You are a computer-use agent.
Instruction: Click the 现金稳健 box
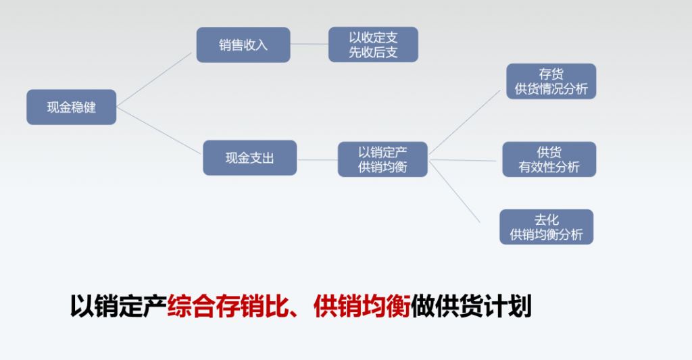coord(72,107)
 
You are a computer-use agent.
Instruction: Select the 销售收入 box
coord(243,45)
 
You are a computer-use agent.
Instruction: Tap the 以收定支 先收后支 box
coord(373,45)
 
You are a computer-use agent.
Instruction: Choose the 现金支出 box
coord(250,158)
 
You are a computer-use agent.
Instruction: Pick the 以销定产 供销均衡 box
coord(382,159)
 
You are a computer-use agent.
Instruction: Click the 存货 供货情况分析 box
coord(551,81)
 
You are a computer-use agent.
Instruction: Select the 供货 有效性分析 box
coord(549,159)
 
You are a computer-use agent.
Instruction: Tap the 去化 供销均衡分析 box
coord(546,227)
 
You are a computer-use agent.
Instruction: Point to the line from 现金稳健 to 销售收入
coord(154,80)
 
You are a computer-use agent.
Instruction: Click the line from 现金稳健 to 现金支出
coord(159,130)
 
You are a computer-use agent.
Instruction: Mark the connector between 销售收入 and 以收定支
coord(310,44)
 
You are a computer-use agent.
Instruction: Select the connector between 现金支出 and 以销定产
coord(318,159)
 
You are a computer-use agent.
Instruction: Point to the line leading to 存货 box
coord(465,122)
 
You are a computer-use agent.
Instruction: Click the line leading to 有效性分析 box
coord(463,160)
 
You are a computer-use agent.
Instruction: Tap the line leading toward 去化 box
coord(455,192)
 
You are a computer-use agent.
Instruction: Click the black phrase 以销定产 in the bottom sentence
coord(118,306)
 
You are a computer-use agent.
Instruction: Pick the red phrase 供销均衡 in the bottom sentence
coord(362,306)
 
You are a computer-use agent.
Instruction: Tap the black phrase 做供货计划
coord(471,306)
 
